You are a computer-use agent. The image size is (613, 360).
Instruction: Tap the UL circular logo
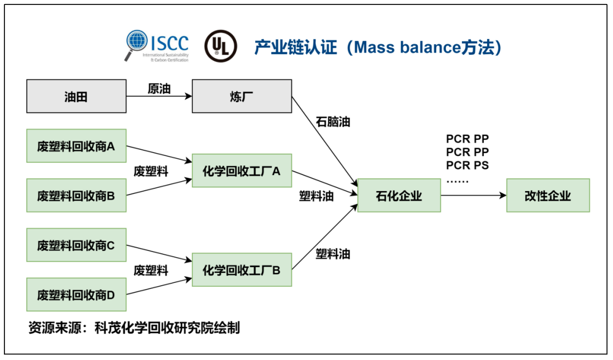[220, 46]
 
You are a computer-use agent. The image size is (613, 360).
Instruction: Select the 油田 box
[76, 97]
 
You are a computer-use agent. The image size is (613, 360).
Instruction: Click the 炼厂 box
[242, 97]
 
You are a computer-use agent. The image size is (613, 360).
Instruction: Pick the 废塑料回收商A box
[76, 146]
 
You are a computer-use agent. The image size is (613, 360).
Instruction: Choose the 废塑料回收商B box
[76, 196]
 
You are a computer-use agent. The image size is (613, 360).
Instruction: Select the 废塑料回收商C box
[76, 245]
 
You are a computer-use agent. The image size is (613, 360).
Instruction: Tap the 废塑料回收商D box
[76, 294]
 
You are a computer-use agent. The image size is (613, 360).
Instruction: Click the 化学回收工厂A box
[242, 171]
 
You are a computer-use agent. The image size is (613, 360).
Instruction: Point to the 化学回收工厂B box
[242, 269]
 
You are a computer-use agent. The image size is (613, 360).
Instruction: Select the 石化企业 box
[399, 196]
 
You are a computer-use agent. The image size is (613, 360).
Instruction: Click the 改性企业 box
[548, 196]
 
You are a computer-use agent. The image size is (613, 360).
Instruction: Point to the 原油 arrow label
[159, 88]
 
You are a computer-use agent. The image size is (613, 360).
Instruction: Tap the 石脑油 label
[332, 121]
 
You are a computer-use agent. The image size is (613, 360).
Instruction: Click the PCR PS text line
[468, 165]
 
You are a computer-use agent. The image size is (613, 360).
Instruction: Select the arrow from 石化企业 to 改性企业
[473, 196]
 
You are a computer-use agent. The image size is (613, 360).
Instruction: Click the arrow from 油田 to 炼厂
[159, 97]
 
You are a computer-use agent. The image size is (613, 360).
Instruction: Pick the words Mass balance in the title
[399, 48]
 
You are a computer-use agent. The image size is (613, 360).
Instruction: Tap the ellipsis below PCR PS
[458, 180]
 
